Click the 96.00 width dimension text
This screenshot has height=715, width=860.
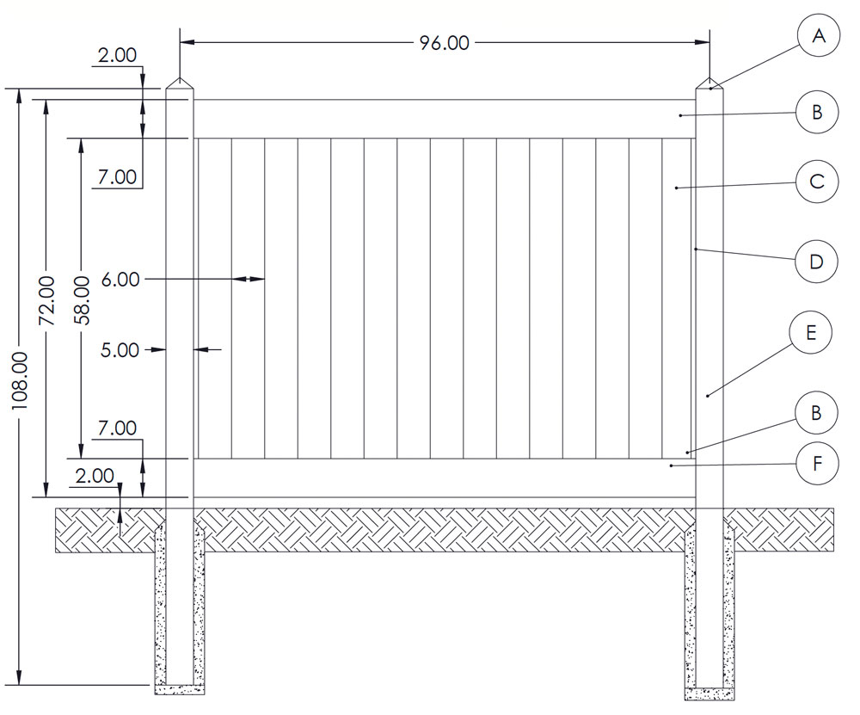445,42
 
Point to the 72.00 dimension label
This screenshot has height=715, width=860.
47,300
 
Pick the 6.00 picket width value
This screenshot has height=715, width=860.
119,279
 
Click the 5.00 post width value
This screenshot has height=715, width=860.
120,349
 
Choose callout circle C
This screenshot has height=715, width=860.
817,182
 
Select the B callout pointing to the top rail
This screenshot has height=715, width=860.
817,111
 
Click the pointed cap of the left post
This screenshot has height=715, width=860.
180,83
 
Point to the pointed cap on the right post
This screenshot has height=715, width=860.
709,83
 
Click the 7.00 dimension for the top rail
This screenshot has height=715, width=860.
118,177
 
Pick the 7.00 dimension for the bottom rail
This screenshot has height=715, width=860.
118,428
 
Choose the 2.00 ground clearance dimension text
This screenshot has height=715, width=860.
95,475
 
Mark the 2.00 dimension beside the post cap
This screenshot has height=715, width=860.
118,55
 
